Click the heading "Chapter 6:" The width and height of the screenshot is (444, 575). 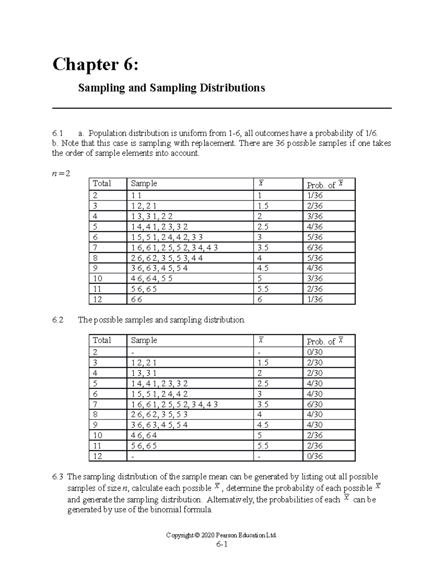pos(96,65)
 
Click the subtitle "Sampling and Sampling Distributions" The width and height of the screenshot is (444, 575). pos(171,88)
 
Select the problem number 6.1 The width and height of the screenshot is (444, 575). pos(58,133)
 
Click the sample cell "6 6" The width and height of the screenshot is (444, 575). pos(137,300)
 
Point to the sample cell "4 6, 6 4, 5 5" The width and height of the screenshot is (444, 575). pos(152,278)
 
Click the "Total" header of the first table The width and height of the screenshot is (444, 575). pos(102,184)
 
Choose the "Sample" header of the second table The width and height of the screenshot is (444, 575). pos(144,340)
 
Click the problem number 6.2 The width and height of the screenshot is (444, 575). pos(58,320)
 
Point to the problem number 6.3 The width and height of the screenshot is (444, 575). pos(58,477)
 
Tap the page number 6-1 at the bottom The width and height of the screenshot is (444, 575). pos(222,545)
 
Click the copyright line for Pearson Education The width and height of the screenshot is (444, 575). pos(222,535)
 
